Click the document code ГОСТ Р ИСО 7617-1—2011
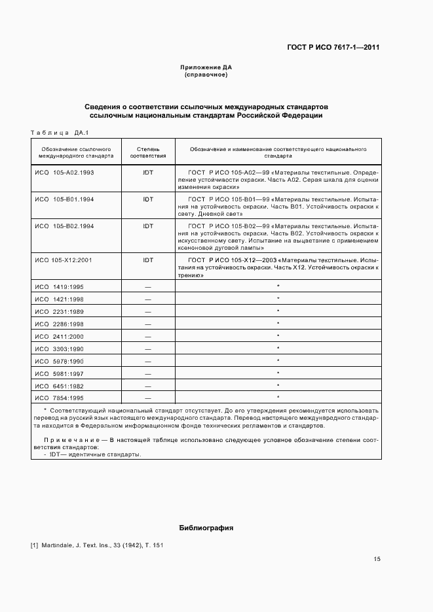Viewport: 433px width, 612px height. click(333, 47)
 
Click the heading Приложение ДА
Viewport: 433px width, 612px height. click(206, 67)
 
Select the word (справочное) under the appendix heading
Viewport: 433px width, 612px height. click(206, 75)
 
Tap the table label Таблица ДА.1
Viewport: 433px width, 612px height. click(59, 132)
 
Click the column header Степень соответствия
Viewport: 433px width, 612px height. click(148, 153)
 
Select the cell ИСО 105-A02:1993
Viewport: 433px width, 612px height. click(64, 172)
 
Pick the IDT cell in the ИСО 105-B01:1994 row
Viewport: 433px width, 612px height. click(148, 199)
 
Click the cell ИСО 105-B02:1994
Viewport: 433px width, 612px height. click(64, 226)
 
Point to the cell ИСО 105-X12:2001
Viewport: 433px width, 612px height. click(64, 260)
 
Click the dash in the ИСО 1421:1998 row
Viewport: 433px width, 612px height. click(148, 299)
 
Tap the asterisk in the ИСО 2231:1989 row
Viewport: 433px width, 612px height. click(278, 311)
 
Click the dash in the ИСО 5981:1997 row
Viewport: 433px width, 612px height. click(148, 373)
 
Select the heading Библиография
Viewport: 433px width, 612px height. click(206, 528)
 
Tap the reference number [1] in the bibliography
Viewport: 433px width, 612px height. click(35, 545)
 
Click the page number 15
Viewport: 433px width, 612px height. click(377, 559)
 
